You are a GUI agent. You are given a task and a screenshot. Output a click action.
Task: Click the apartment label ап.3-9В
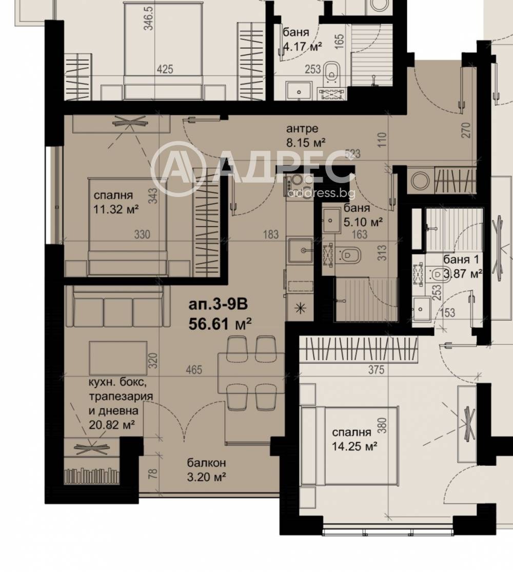point(218,305)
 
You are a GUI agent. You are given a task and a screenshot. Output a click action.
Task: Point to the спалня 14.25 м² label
point(351,439)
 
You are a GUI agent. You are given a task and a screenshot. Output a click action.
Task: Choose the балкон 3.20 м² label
point(207,470)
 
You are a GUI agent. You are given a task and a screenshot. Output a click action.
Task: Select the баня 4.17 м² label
point(302,40)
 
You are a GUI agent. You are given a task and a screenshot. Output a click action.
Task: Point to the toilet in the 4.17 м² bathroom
point(332,72)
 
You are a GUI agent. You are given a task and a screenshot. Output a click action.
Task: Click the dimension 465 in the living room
point(194,369)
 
